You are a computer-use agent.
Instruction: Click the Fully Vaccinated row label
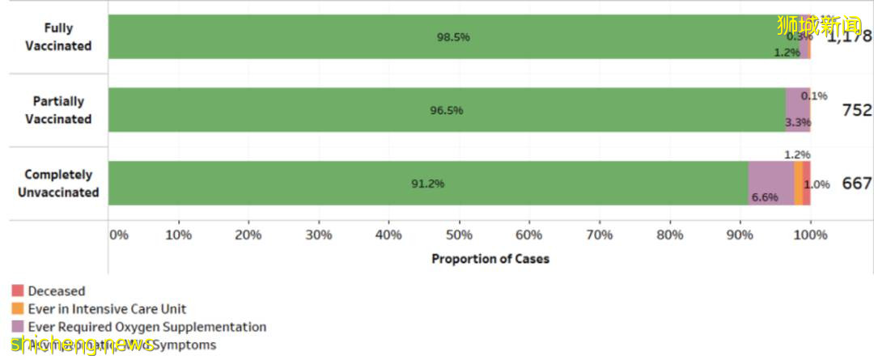tap(57, 37)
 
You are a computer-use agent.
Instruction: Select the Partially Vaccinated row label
tap(57, 110)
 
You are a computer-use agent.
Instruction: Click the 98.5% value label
tap(453, 37)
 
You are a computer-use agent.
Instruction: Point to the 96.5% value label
tap(446, 110)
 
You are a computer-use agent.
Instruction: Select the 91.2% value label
tap(427, 184)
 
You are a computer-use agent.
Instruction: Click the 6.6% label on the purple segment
tap(765, 197)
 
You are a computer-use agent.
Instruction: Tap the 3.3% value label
tap(798, 123)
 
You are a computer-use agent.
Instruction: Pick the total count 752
tap(856, 110)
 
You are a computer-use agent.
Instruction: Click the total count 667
tap(856, 184)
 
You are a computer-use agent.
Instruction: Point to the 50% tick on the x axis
tap(459, 235)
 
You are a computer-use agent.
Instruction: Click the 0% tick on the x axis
tap(118, 235)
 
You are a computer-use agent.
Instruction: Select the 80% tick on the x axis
tap(669, 235)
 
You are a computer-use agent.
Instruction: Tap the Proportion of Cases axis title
tap(490, 259)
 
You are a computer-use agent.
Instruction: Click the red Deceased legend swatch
tap(17, 290)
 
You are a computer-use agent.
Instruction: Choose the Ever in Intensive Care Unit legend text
tap(107, 309)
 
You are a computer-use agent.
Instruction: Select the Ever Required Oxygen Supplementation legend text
tap(146, 327)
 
